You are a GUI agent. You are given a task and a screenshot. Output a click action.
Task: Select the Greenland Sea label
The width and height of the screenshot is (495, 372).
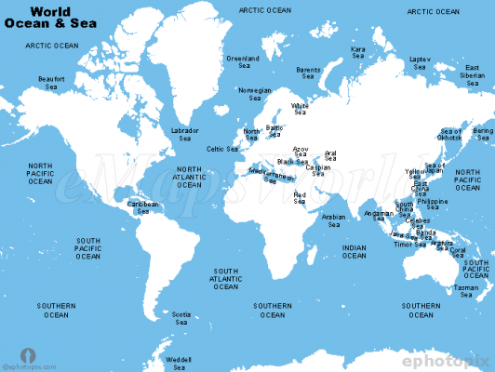(244, 62)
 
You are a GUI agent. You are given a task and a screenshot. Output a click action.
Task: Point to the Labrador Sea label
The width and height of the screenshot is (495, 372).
(184, 135)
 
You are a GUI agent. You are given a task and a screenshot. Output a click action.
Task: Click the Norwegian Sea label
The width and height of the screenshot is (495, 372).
(255, 95)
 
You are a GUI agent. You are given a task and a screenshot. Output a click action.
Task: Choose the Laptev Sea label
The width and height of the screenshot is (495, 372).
(419, 63)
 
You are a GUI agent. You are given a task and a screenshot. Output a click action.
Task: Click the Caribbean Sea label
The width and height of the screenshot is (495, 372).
(143, 207)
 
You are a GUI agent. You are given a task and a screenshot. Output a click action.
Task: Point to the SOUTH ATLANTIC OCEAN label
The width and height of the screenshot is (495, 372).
(226, 279)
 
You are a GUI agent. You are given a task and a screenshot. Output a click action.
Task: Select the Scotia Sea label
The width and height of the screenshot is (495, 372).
(182, 319)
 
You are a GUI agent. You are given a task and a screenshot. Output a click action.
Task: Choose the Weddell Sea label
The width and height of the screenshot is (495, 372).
(178, 362)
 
